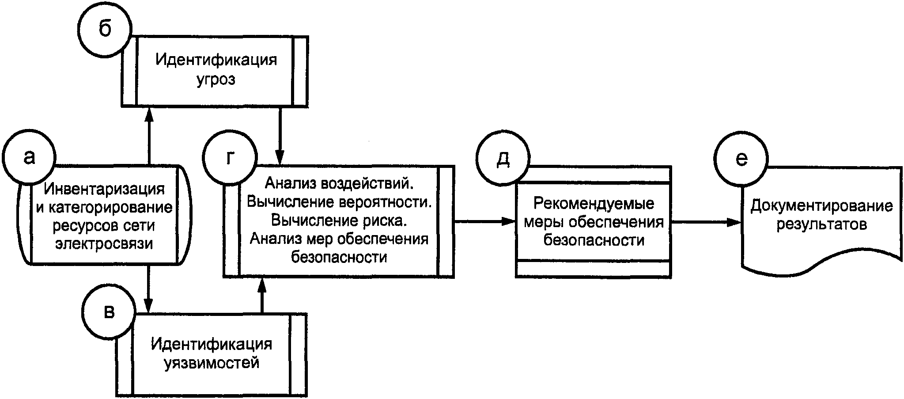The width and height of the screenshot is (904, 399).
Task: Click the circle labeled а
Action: coord(29,157)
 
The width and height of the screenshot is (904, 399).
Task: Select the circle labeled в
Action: coord(109,312)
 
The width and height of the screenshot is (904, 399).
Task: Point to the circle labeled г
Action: coord(229,158)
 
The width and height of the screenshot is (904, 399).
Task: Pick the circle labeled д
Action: coord(503,159)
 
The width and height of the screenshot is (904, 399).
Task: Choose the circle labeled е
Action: coord(742,158)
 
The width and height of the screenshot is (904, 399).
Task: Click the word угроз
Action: coord(216,80)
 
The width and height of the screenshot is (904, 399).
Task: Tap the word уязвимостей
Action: coord(212,363)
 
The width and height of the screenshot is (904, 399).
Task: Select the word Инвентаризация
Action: coord(104,189)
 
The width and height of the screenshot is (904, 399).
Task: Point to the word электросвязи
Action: coord(104,243)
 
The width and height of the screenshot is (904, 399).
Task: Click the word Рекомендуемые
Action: coord(594,204)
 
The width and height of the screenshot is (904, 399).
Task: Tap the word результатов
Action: coord(821,224)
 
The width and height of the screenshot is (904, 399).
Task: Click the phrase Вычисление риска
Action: coord(339,220)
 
